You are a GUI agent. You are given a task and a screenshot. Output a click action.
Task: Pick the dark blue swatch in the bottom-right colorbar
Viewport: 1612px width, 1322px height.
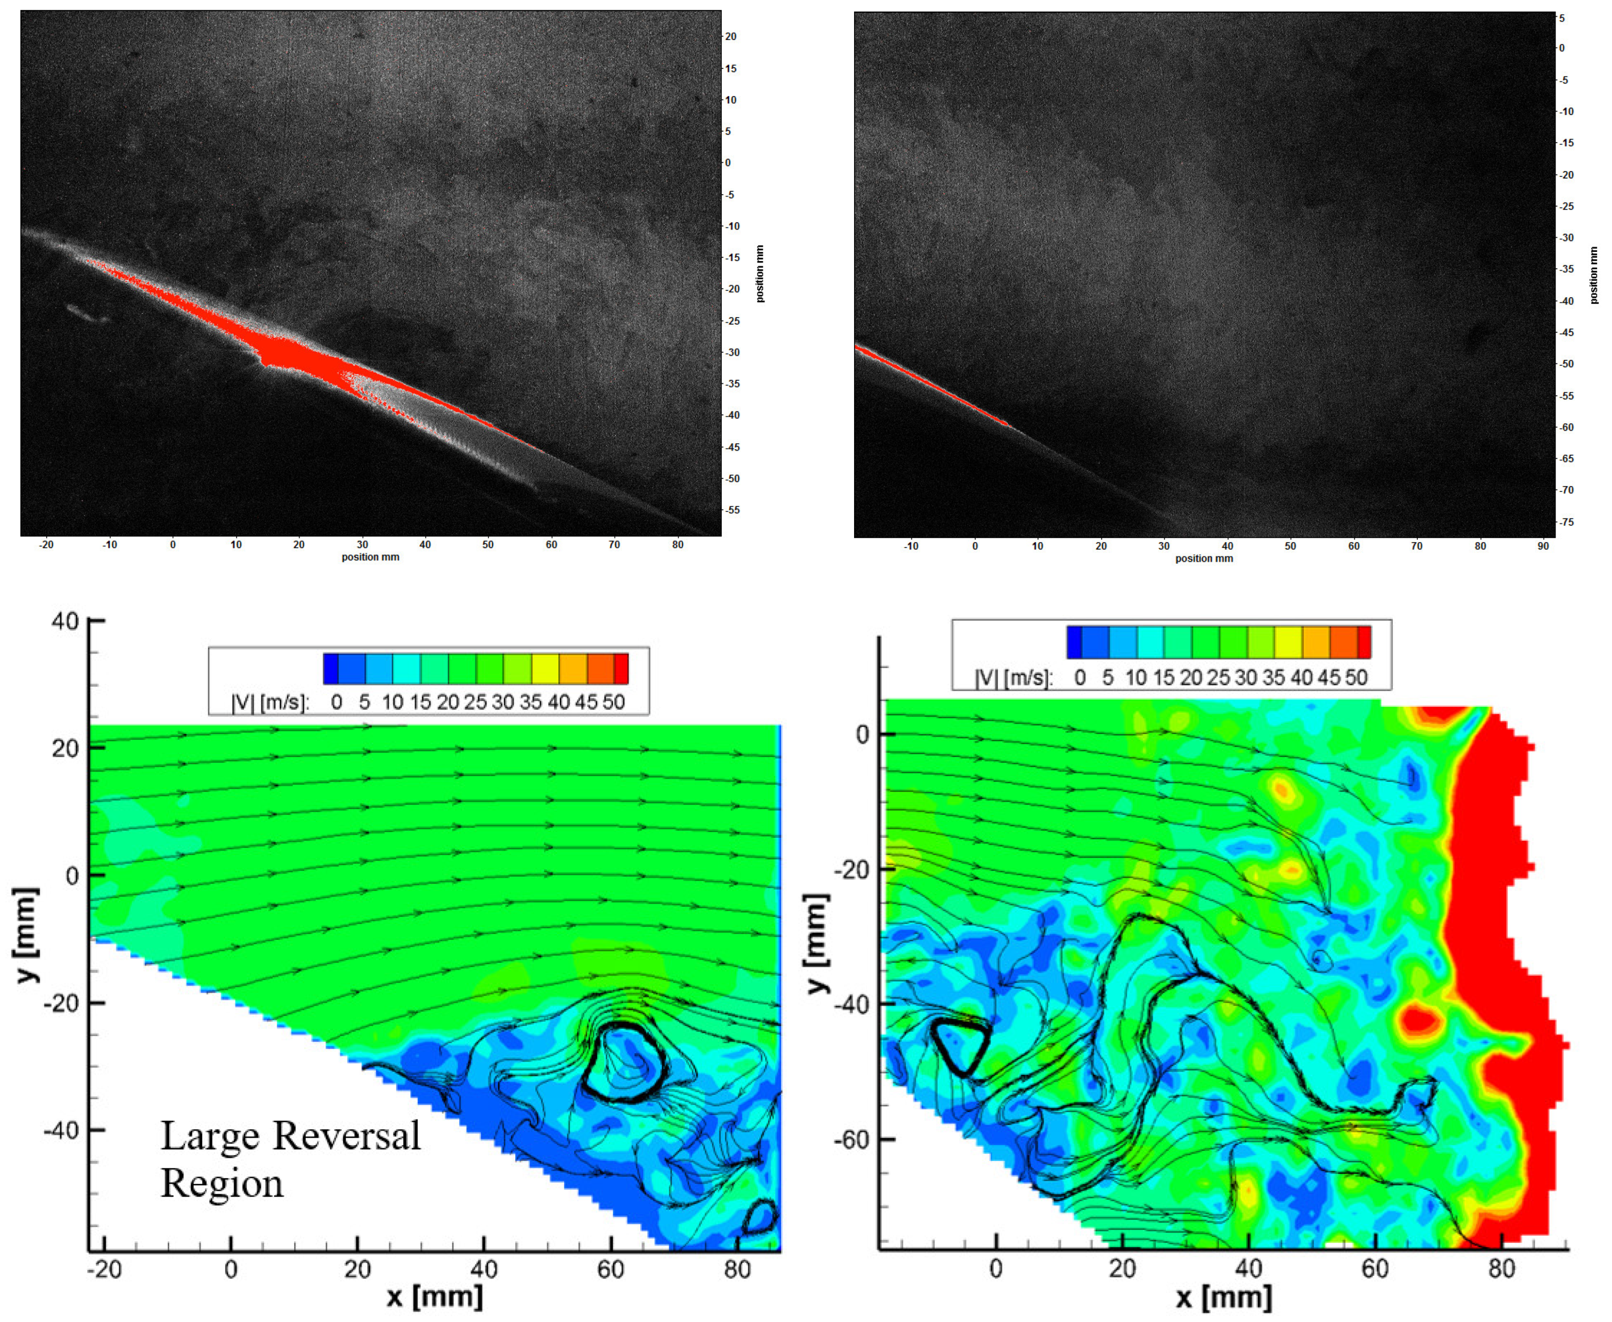click(1074, 642)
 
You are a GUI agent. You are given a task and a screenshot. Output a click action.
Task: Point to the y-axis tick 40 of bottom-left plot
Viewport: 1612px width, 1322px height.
click(65, 622)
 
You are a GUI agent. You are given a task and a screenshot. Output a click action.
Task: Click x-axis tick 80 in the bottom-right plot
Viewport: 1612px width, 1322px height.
click(1501, 1269)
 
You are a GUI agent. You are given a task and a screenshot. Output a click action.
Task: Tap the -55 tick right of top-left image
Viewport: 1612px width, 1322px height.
click(732, 510)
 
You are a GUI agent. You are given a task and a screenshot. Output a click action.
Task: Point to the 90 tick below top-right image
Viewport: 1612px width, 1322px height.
click(1543, 546)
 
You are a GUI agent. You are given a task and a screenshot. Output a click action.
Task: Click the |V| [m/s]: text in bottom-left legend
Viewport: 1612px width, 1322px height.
click(270, 703)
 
